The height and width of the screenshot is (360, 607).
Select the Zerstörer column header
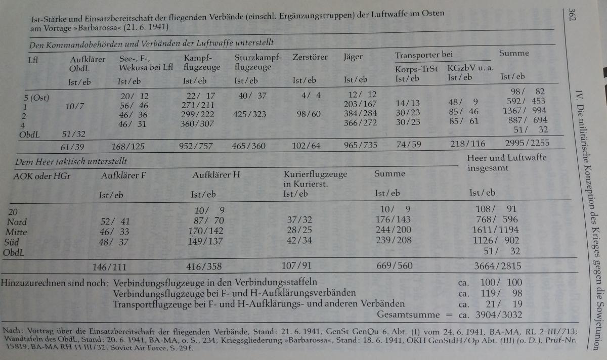pos(310,57)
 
